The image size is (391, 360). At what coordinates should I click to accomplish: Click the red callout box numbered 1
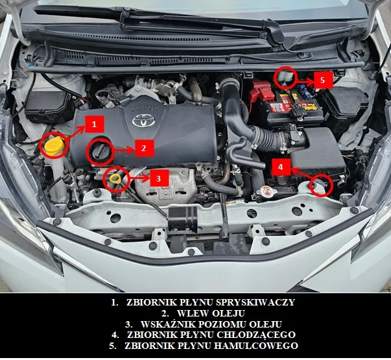click(95, 123)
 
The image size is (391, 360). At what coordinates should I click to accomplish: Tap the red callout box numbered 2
click(144, 148)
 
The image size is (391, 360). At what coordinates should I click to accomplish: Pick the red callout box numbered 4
click(280, 167)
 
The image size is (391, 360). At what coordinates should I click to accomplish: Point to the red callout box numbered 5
click(324, 81)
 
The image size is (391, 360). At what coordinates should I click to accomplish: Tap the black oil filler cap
click(101, 152)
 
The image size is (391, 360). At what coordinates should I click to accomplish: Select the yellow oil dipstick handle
click(115, 176)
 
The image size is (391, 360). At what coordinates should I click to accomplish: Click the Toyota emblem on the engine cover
click(141, 121)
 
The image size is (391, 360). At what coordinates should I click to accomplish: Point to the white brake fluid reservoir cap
click(286, 77)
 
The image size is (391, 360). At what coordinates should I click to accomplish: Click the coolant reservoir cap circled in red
click(321, 186)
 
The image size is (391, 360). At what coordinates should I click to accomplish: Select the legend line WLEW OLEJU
click(196, 313)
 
